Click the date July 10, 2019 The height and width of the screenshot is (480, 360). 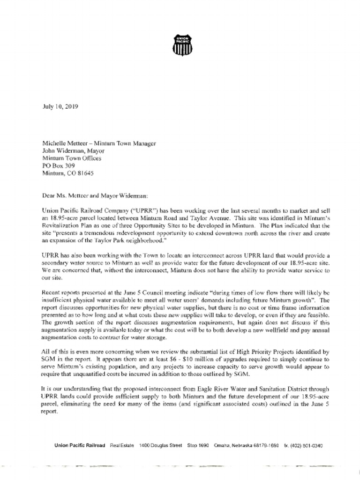click(60, 106)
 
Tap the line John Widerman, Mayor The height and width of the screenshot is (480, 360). click(74, 151)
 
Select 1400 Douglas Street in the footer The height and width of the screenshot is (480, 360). click(161, 446)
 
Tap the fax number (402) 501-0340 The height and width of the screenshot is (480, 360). click(307, 446)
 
